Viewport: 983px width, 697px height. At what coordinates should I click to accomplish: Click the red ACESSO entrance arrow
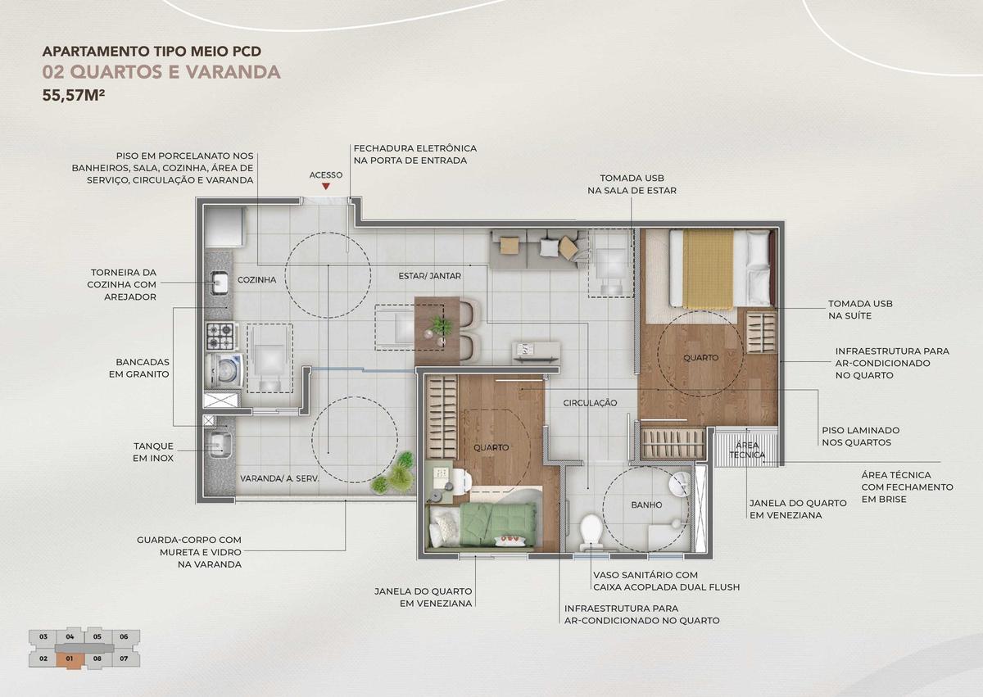point(326,187)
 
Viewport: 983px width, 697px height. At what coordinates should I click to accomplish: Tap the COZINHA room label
point(256,279)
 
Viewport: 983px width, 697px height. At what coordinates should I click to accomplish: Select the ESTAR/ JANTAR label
point(429,276)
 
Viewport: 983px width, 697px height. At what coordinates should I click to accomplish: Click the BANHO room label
point(646,505)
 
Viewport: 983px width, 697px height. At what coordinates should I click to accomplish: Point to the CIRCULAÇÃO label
point(591,403)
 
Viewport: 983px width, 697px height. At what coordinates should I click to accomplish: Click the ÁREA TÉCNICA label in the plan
point(747,450)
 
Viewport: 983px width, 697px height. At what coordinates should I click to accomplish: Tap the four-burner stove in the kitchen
point(223,337)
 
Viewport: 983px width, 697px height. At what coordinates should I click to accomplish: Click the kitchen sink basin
point(220,283)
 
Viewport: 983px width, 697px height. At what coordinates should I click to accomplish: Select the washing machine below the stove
point(224,370)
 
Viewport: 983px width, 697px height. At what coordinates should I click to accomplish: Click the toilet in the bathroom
point(591,532)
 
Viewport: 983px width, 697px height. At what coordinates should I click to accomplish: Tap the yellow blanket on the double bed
point(708,269)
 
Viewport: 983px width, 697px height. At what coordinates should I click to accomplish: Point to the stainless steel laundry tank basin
point(219,445)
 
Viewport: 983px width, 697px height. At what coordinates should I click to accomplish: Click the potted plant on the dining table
point(441,325)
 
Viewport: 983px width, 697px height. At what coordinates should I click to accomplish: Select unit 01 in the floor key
point(70,659)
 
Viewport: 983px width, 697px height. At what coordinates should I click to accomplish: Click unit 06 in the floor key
point(124,636)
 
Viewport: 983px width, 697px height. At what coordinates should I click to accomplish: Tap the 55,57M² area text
point(74,95)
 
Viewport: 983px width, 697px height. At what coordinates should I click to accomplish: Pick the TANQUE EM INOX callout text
point(154,452)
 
